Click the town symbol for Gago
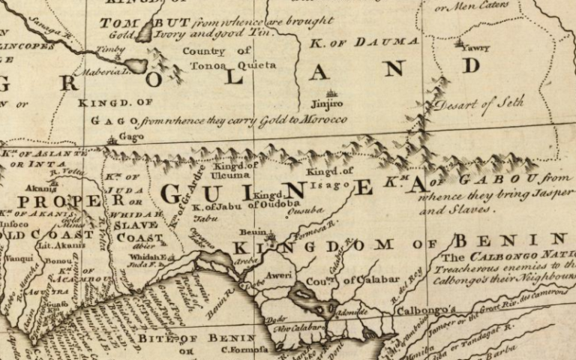tap(112, 138)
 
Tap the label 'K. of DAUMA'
tap(364, 42)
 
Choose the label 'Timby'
tap(110, 49)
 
